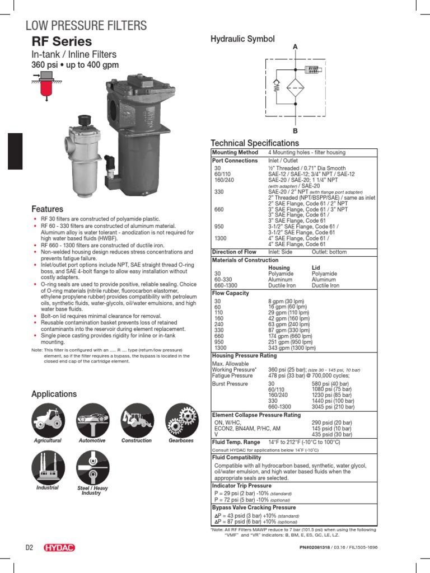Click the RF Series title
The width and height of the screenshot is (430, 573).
pyautogui.click(x=62, y=42)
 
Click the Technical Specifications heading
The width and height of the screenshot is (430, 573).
pyautogui.click(x=254, y=143)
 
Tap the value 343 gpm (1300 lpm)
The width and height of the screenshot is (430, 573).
pyautogui.click(x=292, y=347)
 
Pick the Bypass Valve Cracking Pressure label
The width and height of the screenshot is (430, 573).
pyautogui.click(x=254, y=507)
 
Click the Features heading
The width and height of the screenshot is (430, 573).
pyautogui.click(x=47, y=209)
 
